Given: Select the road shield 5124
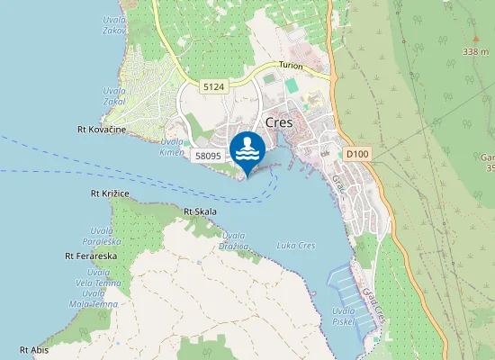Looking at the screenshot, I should [213, 86].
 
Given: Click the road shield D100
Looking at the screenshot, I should [357, 155].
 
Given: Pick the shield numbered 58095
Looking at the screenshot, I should [208, 156].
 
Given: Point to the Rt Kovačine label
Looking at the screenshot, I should [101, 130].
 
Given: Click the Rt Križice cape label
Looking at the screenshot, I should [110, 193].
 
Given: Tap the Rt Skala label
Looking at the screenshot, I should [200, 211].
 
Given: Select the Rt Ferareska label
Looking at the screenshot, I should [91, 256].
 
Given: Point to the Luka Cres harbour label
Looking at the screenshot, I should [295, 246].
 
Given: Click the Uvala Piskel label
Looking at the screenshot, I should [344, 317].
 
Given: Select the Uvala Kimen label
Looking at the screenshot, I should [172, 148].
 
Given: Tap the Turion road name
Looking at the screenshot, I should [291, 67].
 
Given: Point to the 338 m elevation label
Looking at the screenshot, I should [475, 52].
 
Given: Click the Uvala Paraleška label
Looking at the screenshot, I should [102, 235].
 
